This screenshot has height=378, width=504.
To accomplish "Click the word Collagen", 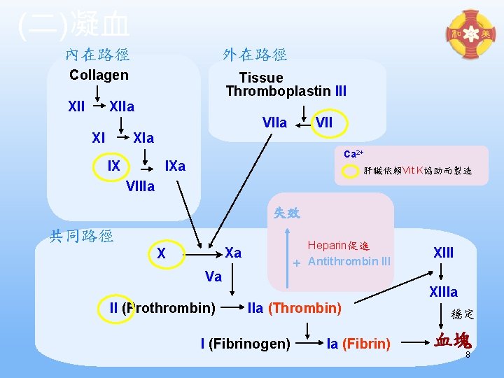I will pyautogui.click(x=99, y=75).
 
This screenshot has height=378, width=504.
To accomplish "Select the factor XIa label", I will pyautogui.click(x=143, y=137).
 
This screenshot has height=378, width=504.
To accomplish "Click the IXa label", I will pyautogui.click(x=174, y=167).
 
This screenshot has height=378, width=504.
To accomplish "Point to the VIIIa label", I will pyautogui.click(x=141, y=186).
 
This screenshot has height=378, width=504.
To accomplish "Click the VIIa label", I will pyautogui.click(x=274, y=123).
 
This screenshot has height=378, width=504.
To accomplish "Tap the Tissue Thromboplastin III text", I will pyautogui.click(x=286, y=85).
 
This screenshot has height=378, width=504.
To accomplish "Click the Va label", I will pyautogui.click(x=213, y=277).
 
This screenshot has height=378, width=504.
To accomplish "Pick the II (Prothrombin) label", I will pyautogui.click(x=162, y=308).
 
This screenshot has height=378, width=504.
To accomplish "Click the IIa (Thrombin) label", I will pyautogui.click(x=295, y=308).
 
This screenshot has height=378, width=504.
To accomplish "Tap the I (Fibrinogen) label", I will pyautogui.click(x=245, y=344).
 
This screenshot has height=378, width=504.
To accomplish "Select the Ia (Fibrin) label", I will pyautogui.click(x=358, y=344).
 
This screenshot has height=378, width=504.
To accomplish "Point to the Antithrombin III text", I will pyautogui.click(x=349, y=262).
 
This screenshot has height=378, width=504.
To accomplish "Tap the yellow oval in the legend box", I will pyautogui.click(x=351, y=171).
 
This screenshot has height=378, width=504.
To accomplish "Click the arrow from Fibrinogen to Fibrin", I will pyautogui.click(x=309, y=344).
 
